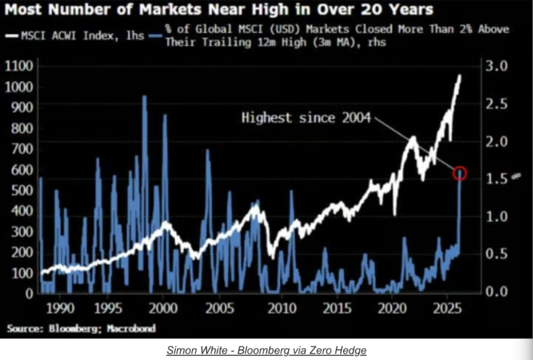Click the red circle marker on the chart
(460, 173)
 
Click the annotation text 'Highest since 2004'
(306, 118)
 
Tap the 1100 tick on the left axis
(20, 66)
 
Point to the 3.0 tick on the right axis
(496, 66)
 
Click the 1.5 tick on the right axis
(496, 179)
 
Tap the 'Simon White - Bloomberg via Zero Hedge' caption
(266, 350)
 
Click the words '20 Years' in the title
(398, 10)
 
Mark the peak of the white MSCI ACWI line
(460, 75)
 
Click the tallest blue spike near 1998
(144, 97)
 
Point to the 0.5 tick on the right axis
(496, 254)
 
